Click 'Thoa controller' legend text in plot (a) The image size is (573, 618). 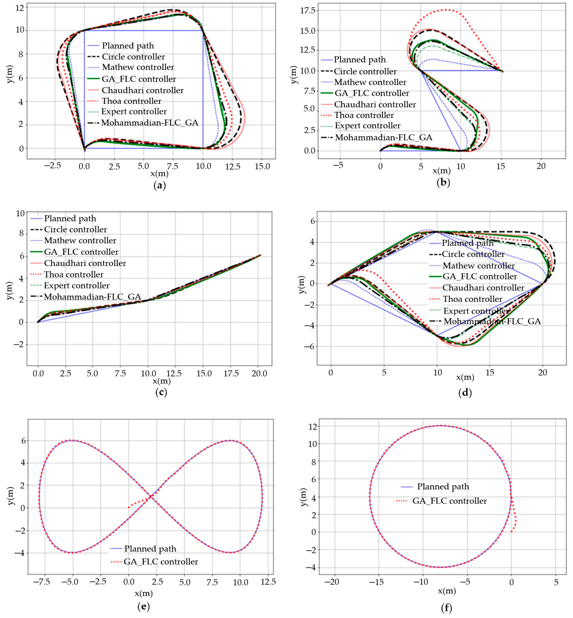pos(131,101)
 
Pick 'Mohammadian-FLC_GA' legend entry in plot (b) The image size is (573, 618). pos(384,137)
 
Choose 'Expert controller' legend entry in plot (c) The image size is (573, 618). pos(77,285)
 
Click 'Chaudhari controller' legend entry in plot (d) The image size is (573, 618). pos(483,288)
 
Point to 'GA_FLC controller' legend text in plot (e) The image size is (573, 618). pos(161,562)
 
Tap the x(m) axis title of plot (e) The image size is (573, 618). pos(144,593)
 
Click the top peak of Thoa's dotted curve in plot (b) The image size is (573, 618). pos(446,10)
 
